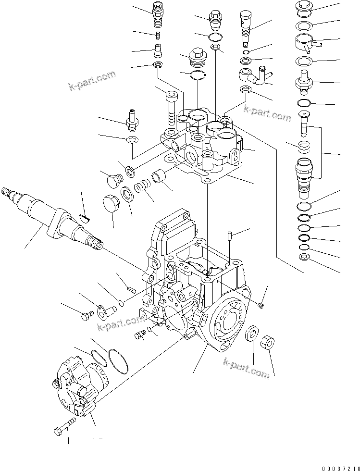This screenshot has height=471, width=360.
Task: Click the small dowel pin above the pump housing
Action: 230,236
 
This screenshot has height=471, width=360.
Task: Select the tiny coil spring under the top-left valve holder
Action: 157,35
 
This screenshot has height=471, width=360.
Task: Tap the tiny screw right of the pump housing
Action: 261,304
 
